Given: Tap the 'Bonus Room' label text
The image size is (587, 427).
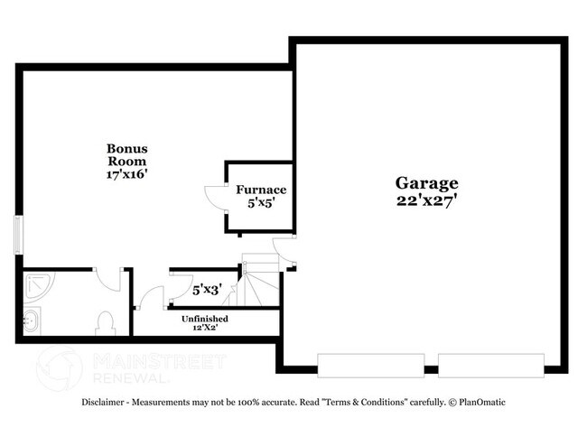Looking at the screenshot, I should tap(126, 154).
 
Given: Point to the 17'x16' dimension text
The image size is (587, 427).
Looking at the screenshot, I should tap(126, 173).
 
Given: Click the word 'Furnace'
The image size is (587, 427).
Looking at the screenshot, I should tap(261, 190).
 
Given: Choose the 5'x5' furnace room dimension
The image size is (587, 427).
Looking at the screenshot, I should tap(261, 204).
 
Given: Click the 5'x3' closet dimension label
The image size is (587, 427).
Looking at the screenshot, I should tap(207, 291).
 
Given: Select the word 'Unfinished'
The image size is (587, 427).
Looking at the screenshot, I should tap(204, 319).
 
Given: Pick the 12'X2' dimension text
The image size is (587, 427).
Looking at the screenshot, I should tap(204, 330).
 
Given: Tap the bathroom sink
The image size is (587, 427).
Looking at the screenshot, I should tap(32, 320).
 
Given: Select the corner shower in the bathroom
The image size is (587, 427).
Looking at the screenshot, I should tap(37, 284).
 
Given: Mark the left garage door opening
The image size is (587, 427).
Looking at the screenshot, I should tap(370, 365).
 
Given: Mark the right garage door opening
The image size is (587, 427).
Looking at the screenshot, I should tap(490, 365).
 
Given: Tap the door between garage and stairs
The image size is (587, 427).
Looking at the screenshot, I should tap(286, 251).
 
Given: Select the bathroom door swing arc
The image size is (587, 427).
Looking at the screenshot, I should tap(109, 279).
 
